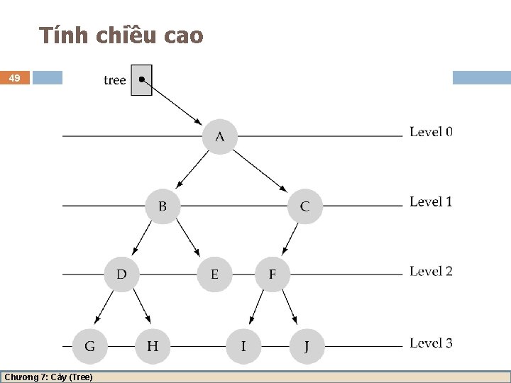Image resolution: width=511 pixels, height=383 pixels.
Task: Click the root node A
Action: [219, 136]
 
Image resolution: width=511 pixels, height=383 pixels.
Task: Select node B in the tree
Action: [163, 206]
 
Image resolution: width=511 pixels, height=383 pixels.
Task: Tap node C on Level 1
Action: [304, 206]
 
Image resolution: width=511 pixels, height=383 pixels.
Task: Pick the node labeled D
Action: [122, 274]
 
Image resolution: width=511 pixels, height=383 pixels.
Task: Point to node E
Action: [214, 274]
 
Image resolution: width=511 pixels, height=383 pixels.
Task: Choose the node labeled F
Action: [273, 274]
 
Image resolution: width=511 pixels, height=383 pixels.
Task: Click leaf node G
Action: [90, 346]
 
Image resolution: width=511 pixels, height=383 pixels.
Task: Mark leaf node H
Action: [153, 346]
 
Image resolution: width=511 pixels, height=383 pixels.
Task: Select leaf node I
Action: [243, 346]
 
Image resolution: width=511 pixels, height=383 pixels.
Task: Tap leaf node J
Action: [306, 346]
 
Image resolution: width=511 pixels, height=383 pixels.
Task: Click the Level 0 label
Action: [431, 132]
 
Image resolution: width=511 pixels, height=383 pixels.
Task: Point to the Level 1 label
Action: [431, 202]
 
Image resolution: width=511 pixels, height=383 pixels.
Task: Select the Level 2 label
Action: [431, 272]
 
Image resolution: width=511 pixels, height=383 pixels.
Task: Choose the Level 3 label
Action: [431, 343]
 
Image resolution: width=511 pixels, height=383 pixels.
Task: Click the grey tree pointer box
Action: [142, 79]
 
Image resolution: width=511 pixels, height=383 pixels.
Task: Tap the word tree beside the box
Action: [114, 80]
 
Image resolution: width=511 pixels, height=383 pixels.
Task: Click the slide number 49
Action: [15, 78]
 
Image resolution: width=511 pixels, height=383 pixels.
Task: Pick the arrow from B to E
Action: [189, 238]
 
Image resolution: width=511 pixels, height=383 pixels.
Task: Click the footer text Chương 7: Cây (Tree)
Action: [48, 377]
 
